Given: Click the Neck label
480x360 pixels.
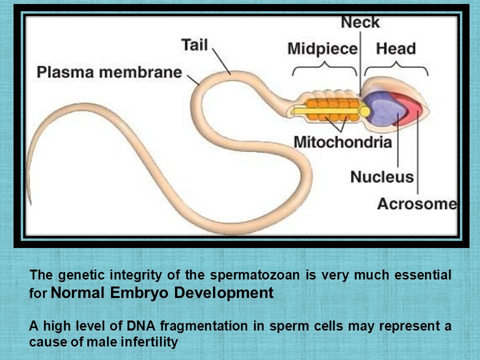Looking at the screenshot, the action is (360, 22).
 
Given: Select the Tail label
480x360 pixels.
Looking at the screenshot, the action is (194, 44).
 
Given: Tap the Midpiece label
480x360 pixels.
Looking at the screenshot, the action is (322, 49).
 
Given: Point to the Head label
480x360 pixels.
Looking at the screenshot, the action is (396, 48).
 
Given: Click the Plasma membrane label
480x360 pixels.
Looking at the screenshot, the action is (109, 72).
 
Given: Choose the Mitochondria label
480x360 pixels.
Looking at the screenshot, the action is (343, 142).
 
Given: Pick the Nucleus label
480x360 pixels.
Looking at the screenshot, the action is (382, 177).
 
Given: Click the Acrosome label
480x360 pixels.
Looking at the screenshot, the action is (417, 204).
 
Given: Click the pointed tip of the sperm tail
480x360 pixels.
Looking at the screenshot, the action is (30, 204).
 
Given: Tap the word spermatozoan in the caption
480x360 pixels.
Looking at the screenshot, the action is (254, 275).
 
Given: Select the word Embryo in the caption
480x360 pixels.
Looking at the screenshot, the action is (139, 292).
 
